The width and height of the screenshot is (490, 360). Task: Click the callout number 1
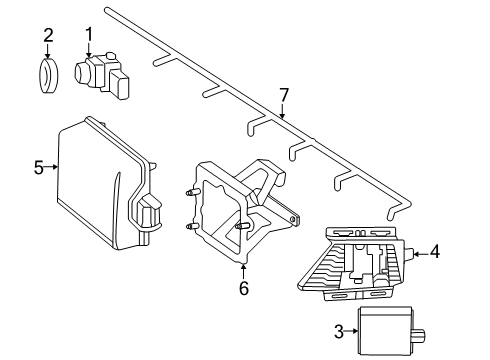(x=89, y=35)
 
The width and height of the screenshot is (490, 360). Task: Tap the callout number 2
(x=48, y=35)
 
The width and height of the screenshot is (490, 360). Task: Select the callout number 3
(x=339, y=332)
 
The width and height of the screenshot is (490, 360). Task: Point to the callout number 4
(x=435, y=251)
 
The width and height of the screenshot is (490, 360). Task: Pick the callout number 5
(x=39, y=167)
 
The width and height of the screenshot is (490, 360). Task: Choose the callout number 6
(x=244, y=288)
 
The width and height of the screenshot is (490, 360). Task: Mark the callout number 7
(x=283, y=95)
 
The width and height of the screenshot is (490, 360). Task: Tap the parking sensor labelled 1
(x=101, y=75)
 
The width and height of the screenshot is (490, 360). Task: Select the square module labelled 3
(x=385, y=331)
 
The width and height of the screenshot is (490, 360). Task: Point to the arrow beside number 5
(x=51, y=167)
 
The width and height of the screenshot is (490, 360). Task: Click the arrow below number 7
(x=282, y=111)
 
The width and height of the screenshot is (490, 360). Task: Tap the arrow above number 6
(x=244, y=272)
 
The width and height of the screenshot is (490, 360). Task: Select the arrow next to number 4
(x=421, y=254)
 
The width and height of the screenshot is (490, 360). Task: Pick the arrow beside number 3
(x=351, y=331)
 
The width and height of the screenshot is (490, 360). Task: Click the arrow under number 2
(x=48, y=51)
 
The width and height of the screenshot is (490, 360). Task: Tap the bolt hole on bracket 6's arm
(x=292, y=219)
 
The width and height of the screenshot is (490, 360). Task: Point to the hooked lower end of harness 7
(x=393, y=212)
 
